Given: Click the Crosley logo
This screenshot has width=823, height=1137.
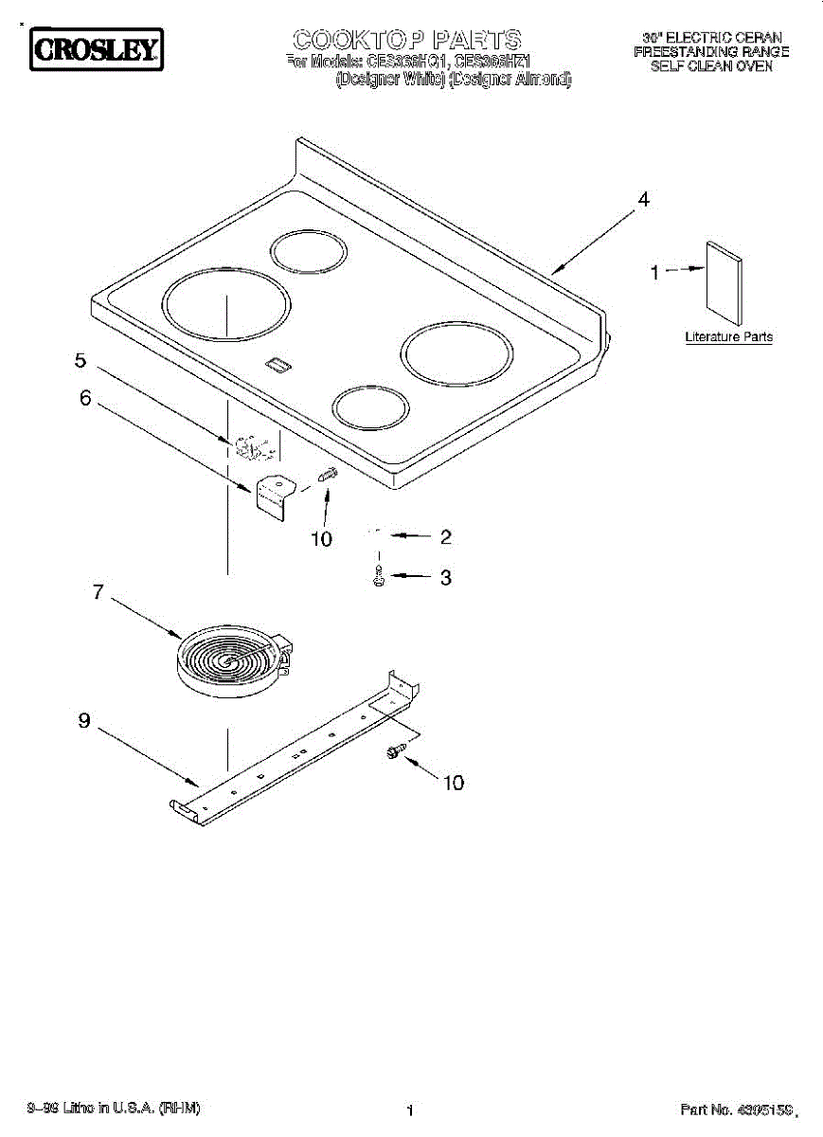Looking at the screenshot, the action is (94, 49).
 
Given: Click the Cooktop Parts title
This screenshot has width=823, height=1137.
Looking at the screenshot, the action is (406, 39).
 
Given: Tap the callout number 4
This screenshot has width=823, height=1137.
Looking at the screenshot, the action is (643, 200).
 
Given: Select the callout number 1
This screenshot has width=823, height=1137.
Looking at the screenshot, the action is (653, 272).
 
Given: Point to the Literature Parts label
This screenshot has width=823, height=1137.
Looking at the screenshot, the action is (728, 336).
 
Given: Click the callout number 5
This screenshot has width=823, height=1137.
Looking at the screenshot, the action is (81, 360).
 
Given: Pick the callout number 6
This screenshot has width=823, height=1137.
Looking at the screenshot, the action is (85, 399).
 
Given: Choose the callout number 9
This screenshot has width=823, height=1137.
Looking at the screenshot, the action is (84, 721).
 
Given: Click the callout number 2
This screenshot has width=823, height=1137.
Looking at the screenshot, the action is (444, 537).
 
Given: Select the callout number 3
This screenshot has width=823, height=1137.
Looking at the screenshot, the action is (444, 577).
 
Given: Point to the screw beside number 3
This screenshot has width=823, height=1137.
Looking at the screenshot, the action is (379, 576).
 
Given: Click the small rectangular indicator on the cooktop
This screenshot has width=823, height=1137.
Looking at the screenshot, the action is (277, 362).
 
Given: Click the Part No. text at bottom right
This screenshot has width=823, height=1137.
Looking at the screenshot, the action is (734, 1109).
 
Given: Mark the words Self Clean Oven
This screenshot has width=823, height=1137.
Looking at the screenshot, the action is (710, 66).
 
